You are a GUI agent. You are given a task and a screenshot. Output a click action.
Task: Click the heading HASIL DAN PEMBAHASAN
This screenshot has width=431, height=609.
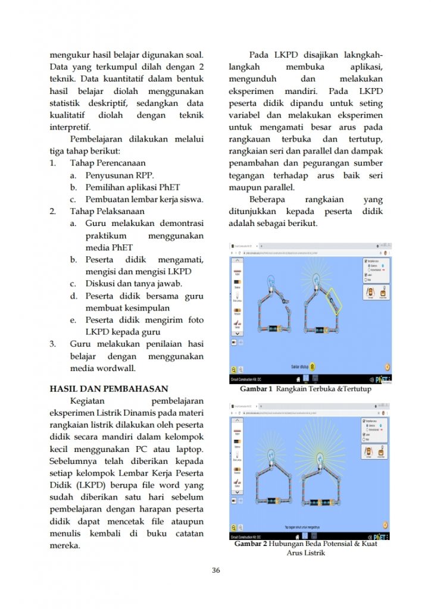click(x=108, y=389)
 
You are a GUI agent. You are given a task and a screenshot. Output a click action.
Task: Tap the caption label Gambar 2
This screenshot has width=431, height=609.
click(x=251, y=544)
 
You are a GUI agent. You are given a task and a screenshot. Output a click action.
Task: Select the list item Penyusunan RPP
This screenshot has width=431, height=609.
click(x=119, y=175)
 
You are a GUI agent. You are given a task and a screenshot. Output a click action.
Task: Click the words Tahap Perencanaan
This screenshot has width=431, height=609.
click(x=108, y=163)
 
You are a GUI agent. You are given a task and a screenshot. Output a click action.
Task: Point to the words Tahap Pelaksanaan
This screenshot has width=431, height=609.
click(x=107, y=211)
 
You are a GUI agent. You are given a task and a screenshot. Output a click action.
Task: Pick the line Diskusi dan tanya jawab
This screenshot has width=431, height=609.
click(x=133, y=284)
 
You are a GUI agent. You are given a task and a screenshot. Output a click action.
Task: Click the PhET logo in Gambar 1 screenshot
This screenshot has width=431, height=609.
click(x=382, y=379)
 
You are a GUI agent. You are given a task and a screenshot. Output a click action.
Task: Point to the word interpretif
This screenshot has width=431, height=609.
click(x=70, y=127)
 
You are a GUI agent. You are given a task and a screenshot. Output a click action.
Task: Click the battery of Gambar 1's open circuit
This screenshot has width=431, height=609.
click(x=275, y=328)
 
